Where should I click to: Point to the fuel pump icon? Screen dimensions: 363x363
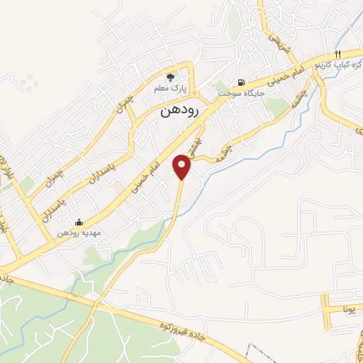point(243,82)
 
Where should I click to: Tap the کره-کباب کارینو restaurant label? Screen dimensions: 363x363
point(340,65)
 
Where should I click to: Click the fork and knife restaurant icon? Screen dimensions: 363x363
point(338,53)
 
